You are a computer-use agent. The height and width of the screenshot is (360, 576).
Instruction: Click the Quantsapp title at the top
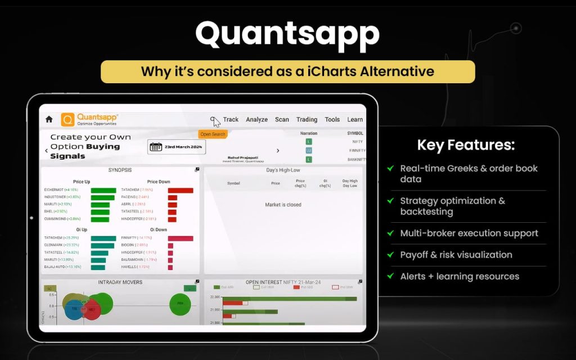coord(287,35)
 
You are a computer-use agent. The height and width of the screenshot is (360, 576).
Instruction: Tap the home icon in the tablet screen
coord(49,119)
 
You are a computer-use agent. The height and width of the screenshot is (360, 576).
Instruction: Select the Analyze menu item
coord(256,119)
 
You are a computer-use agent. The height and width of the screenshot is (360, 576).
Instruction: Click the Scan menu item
coord(282,119)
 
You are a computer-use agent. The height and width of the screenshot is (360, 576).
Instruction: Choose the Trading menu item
coord(307,119)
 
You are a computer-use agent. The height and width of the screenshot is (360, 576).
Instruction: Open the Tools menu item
coord(332,119)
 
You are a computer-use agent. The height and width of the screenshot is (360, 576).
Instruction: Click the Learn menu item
coord(355,119)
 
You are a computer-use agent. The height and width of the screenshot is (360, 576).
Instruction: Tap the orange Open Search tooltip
coord(213,134)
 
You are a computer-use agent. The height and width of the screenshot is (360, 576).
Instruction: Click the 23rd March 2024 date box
coord(177,147)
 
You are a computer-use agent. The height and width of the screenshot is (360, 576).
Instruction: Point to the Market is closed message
coord(283,205)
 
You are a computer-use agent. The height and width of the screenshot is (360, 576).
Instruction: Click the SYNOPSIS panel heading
coord(120,170)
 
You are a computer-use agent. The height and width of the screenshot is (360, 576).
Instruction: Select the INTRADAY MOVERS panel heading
coord(120,282)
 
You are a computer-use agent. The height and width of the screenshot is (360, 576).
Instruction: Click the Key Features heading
coord(466,145)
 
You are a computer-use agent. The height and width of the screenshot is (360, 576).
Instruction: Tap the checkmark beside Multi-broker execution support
coord(390,233)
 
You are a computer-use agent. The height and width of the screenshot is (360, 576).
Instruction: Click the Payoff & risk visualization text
coord(456,255)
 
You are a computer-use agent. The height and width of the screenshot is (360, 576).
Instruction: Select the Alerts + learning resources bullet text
coord(459,276)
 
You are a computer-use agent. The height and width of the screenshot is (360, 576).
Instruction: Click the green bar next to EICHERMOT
coord(103,191)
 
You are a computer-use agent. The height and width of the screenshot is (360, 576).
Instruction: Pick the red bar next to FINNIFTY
coord(181,238)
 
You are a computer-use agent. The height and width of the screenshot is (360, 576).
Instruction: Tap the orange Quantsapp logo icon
coord(67,119)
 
